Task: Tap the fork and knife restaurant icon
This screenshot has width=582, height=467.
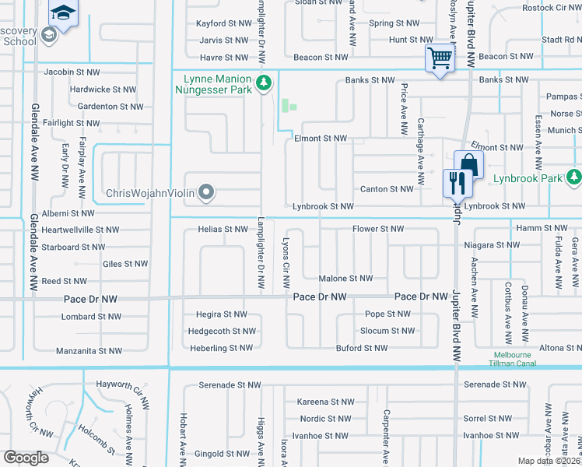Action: [x=456, y=183]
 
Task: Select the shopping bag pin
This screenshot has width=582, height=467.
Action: [x=468, y=164]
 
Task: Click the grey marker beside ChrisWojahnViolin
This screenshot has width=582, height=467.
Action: [x=206, y=191]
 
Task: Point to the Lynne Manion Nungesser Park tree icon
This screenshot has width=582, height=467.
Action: [x=264, y=82]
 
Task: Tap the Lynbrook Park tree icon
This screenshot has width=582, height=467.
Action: [x=573, y=177]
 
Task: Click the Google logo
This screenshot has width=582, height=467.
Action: [x=26, y=458]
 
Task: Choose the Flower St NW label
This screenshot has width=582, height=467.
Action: [x=378, y=229]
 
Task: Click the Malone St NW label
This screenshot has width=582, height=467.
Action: [x=345, y=278]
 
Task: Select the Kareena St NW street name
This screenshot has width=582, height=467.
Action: [x=325, y=402]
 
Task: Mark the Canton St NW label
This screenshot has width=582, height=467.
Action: [x=387, y=189]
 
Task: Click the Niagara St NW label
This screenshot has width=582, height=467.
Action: [x=491, y=244]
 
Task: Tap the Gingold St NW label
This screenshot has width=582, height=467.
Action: [x=220, y=453]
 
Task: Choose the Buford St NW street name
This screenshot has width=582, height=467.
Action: [x=361, y=348]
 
